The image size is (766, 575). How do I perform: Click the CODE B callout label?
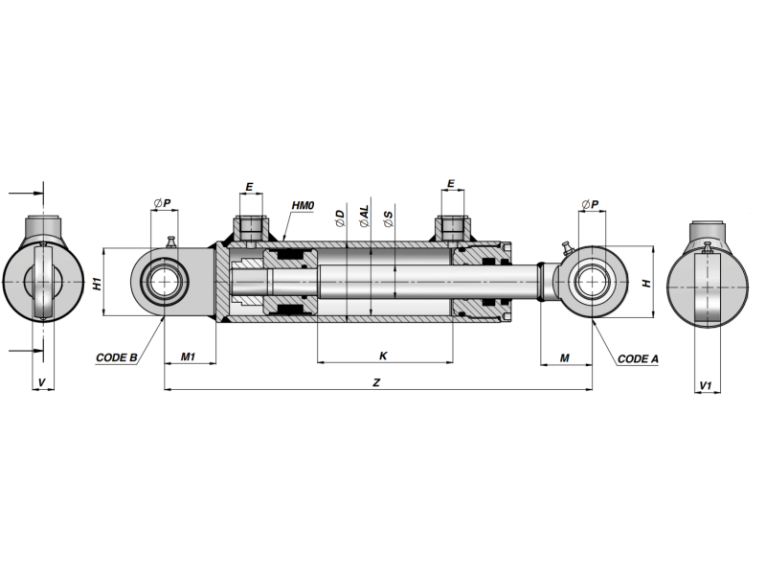tap(116, 357)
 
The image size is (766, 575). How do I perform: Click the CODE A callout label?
tap(638, 358)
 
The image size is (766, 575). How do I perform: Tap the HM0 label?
tap(303, 205)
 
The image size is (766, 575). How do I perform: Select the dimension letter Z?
tap(376, 382)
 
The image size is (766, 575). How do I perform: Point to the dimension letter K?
tap(384, 356)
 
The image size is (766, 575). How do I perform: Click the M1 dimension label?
tap(188, 356)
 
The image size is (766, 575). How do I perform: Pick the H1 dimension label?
tap(99, 284)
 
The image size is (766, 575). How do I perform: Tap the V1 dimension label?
tap(706, 386)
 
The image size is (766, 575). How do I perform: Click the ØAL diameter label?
tap(365, 217)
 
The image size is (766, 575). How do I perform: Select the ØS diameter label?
tap(389, 219)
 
